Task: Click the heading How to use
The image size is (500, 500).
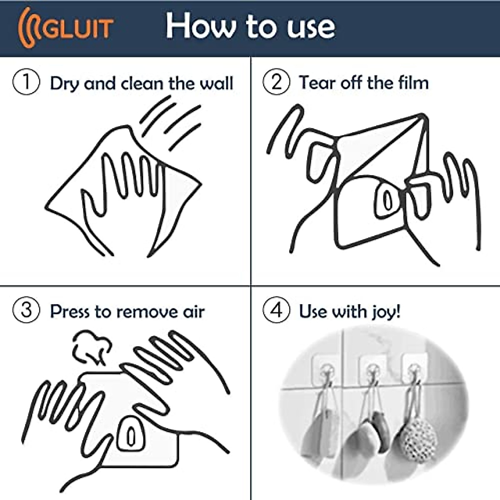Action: point(250,26)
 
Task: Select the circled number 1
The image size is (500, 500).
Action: point(26,82)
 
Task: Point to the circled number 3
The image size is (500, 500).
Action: point(26,311)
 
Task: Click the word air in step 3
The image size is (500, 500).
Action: point(194,312)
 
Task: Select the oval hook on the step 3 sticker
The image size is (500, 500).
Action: point(131,436)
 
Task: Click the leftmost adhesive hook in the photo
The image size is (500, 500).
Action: point(326,369)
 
